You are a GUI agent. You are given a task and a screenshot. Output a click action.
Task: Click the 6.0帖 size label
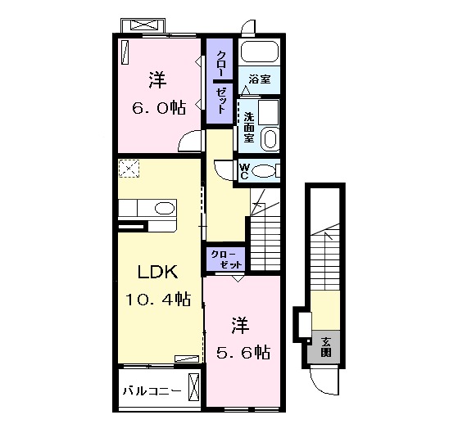pos(160,107)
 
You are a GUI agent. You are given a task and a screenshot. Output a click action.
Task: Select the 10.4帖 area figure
pos(158,300)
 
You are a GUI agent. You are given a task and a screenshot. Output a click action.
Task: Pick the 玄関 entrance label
pos(325,347)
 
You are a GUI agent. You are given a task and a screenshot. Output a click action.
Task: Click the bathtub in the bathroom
pos(261,54)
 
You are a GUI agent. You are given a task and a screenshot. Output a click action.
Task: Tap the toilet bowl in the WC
pos(264,170)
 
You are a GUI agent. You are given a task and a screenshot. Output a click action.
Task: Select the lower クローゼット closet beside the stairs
pos(226,259)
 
